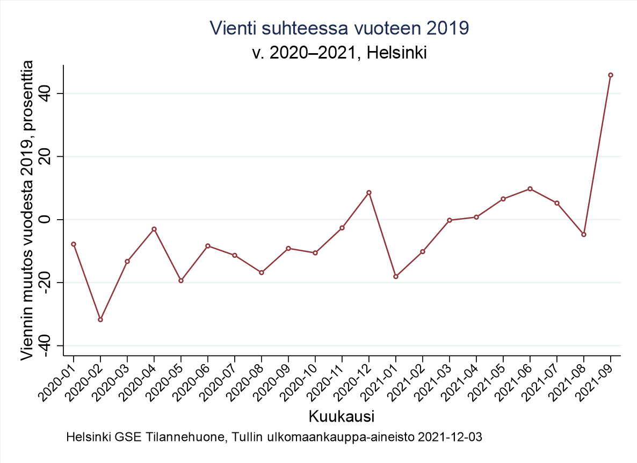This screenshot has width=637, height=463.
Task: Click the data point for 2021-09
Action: [611, 75]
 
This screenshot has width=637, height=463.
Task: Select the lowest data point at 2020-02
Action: [100, 320]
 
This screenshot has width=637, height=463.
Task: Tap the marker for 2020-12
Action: [369, 192]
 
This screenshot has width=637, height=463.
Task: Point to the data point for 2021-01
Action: [396, 277]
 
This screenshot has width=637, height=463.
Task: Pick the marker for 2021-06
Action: [530, 189]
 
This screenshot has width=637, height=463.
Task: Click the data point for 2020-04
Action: [154, 229]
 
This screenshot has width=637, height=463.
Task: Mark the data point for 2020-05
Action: [181, 280]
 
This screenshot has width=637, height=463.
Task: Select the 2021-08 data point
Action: [584, 234]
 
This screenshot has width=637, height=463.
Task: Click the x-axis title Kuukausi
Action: [342, 416]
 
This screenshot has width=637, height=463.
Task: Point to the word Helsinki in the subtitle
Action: [397, 53]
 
